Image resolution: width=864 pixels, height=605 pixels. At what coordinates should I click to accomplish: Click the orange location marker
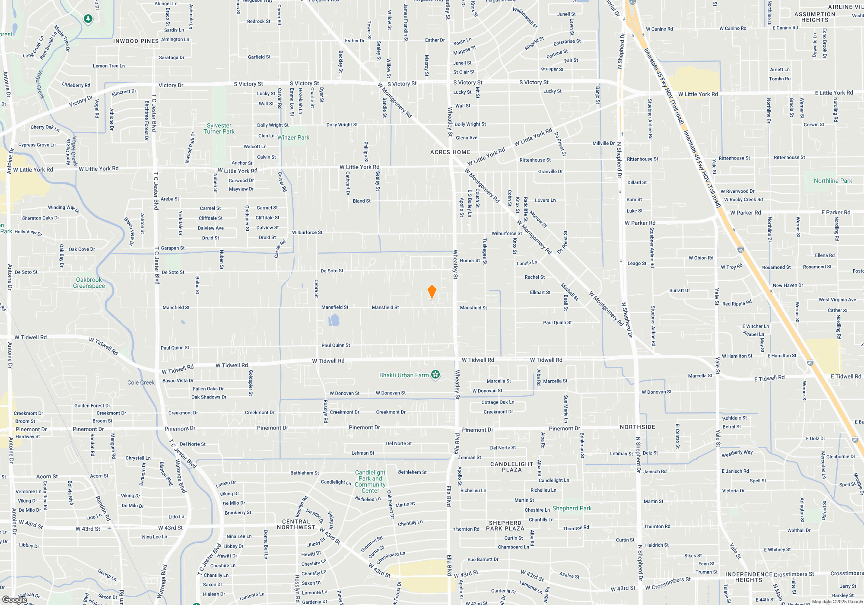[432, 292]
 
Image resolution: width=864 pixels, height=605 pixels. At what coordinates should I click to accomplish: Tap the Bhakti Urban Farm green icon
[435, 375]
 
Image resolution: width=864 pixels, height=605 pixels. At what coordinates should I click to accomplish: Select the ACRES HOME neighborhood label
[450, 152]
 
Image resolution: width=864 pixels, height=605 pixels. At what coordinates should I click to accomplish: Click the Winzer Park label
[293, 137]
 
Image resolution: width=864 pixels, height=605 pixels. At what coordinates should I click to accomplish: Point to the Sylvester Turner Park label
[219, 128]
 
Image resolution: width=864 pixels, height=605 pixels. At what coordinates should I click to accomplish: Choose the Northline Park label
[833, 181]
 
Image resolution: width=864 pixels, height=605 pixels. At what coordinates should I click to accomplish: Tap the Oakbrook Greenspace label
[89, 283]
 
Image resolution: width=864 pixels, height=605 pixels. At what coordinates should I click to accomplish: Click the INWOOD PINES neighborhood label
[136, 41]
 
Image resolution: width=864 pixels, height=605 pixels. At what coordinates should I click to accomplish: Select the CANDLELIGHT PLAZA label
[512, 467]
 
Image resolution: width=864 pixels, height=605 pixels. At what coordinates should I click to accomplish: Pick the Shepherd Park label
[572, 508]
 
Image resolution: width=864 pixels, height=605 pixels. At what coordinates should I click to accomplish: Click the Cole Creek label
[141, 382]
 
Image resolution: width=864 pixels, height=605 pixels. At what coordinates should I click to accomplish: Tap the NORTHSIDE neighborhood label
[638, 427]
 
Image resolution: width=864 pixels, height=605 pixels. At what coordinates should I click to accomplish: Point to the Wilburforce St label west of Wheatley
[307, 232]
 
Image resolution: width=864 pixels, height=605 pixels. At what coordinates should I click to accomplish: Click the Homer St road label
[470, 261]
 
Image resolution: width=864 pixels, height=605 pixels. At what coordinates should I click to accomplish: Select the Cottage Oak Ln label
[498, 402]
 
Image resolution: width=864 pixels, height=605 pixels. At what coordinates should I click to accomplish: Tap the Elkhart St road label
[540, 293]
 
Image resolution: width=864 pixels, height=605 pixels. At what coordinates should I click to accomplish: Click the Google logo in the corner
[14, 600]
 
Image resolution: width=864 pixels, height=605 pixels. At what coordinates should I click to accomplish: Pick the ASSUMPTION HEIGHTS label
[815, 17]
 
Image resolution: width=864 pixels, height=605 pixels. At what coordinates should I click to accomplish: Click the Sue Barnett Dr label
[483, 560]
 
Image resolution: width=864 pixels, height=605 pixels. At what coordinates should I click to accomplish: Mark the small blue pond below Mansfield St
[334, 320]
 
